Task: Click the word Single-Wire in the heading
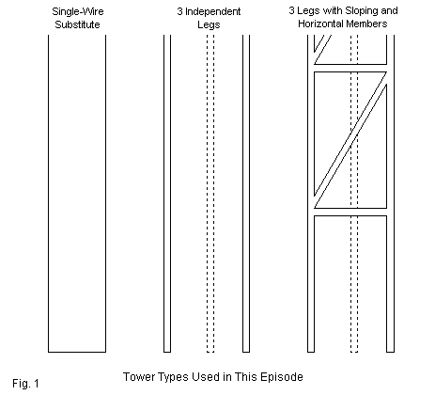[x=78, y=12]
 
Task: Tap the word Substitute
[x=77, y=24]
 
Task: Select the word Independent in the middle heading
[x=213, y=12]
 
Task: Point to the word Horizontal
[x=320, y=24]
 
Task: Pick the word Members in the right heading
[x=366, y=24]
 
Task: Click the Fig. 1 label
[x=25, y=384]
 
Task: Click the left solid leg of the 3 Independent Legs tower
[x=167, y=194]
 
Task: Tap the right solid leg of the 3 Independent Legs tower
[x=246, y=194]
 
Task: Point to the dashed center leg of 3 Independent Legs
[x=210, y=194]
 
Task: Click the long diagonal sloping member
[x=350, y=140]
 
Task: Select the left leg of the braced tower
[x=311, y=194]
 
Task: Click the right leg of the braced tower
[x=390, y=194]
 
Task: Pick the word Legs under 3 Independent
[x=209, y=25]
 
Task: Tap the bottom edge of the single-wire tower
[x=77, y=352]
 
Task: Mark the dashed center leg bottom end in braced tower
[x=354, y=352]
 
